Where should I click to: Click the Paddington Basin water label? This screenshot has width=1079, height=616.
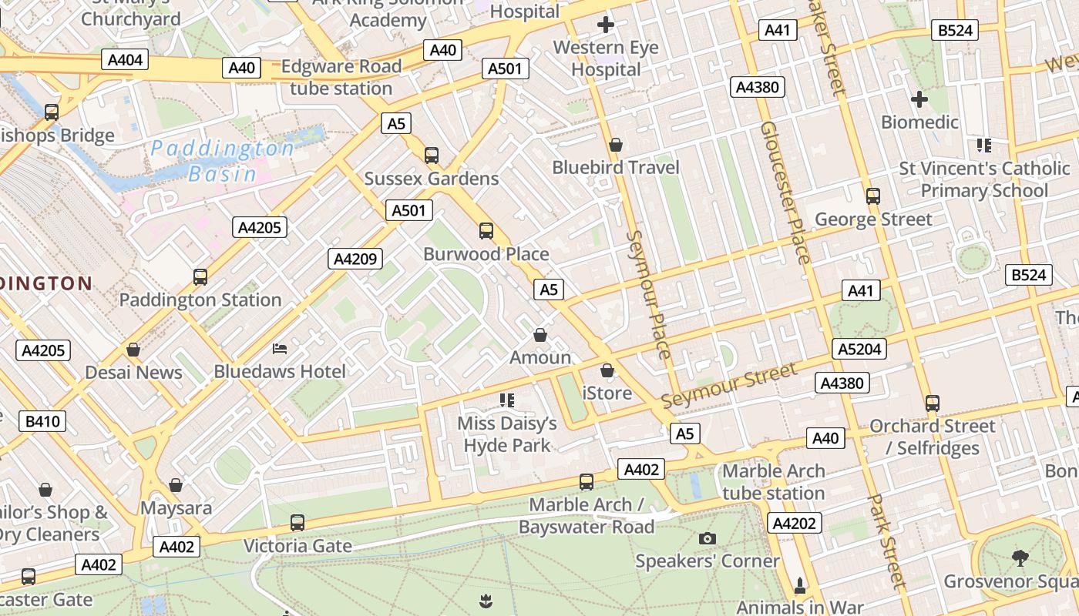pos(222,160)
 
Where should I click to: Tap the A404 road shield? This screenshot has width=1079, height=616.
pos(123,60)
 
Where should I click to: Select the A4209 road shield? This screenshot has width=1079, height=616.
pos(355,259)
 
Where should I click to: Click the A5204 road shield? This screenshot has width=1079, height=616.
pos(859,350)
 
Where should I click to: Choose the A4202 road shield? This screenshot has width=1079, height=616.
pos(794,524)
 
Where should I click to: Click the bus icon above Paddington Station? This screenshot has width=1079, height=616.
pos(200,276)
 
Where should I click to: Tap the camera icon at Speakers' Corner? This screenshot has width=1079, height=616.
pos(708,538)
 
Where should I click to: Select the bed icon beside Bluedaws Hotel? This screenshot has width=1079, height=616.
pos(280,350)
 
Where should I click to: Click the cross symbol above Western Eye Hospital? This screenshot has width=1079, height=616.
pos(606,25)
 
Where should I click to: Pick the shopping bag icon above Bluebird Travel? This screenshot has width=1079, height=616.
pos(615,145)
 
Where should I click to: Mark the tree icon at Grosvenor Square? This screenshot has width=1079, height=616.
pos(1020,557)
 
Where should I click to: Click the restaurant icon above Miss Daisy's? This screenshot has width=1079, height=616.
pos(506,400)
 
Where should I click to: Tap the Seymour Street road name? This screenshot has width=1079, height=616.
pos(729,387)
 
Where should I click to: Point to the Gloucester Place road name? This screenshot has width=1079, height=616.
pos(785,192)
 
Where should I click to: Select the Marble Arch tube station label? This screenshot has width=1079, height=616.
pos(773,482)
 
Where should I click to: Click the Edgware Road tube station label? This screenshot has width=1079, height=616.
pos(341,77)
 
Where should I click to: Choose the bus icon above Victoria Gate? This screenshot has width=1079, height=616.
pos(297,523)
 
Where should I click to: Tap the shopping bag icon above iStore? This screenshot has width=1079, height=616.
pos(607,370)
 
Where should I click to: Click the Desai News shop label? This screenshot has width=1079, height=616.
pos(133,373)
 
